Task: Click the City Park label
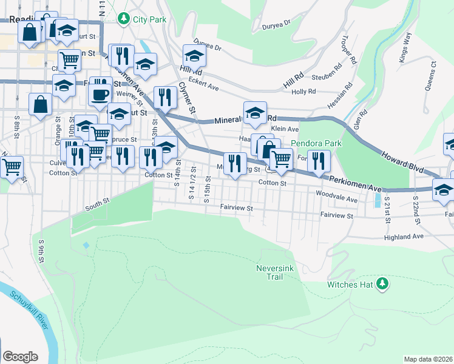click(x=149, y=19)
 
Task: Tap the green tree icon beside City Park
click(x=124, y=19)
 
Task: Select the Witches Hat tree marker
click(x=382, y=283)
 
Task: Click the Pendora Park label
click(x=317, y=144)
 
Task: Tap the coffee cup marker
click(x=100, y=95)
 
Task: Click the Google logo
click(x=20, y=356)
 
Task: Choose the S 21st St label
click(x=387, y=209)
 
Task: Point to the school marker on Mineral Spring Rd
click(x=255, y=112)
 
